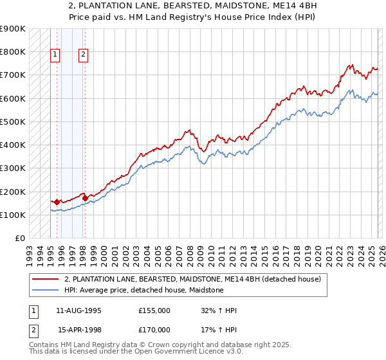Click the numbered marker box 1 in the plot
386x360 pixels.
pyautogui.click(x=56, y=55)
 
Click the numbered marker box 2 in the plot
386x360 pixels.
pyautogui.click(x=84, y=55)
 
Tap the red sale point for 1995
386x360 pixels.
pyautogui.click(x=57, y=203)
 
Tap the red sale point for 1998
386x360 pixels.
pyautogui.click(x=85, y=199)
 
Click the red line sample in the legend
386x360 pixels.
pyautogui.click(x=46, y=279)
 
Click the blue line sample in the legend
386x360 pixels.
pyautogui.click(x=46, y=291)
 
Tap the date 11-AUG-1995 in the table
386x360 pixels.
pyautogui.click(x=78, y=310)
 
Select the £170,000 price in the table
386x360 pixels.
pyautogui.click(x=154, y=330)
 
